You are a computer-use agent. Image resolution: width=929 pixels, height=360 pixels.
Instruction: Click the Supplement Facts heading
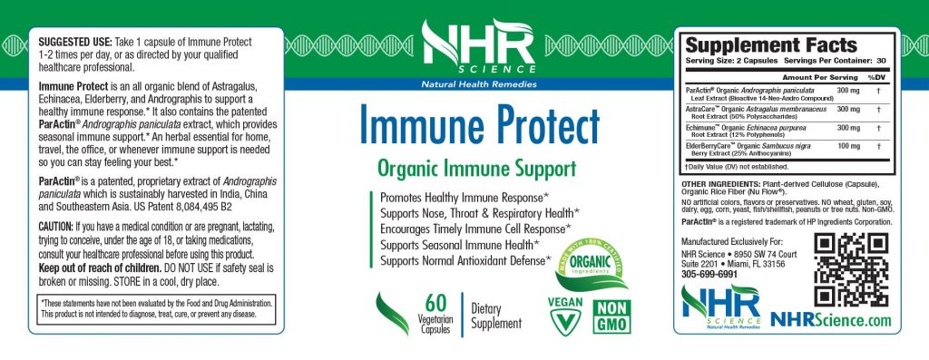coord(770,45)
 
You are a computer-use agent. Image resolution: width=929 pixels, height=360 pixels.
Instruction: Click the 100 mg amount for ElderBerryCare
coord(848,146)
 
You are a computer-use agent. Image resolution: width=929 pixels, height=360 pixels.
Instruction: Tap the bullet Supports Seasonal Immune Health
coord(460,244)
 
